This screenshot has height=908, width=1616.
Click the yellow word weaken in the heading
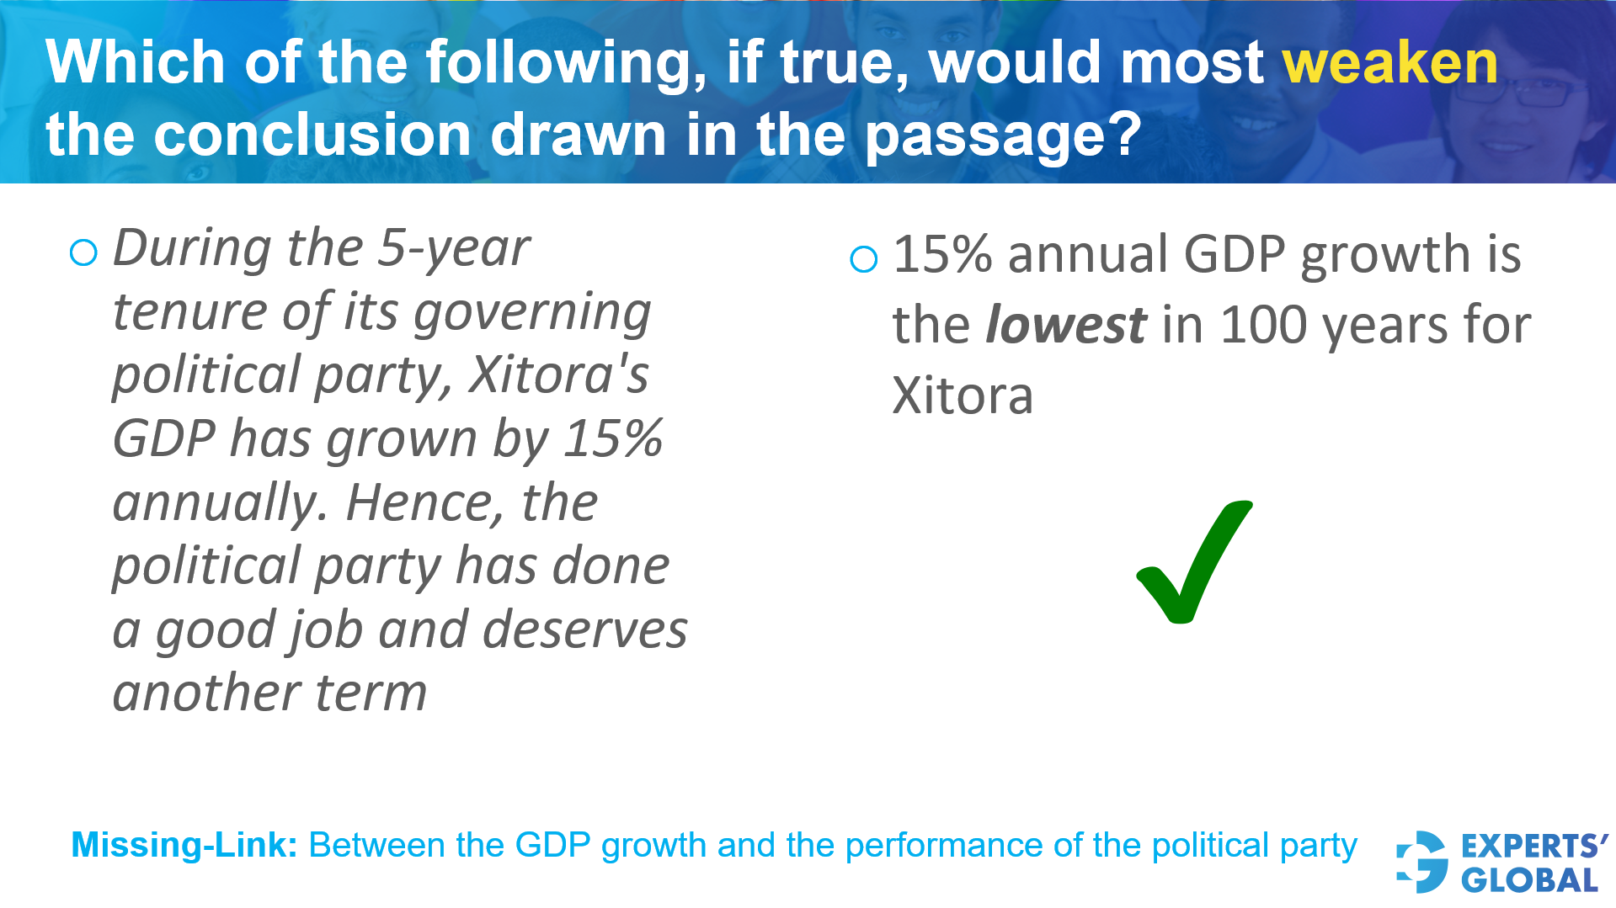tap(1389, 63)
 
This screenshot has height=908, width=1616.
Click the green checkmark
tap(1194, 562)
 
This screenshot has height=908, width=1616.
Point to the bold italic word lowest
tap(1065, 325)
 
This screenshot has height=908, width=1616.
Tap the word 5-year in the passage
tap(454, 249)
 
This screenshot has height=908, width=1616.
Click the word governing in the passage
tap(532, 314)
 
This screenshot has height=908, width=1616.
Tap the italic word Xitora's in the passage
tap(559, 374)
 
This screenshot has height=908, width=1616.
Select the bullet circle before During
tap(83, 252)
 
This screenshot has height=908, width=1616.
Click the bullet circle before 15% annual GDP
tap(864, 259)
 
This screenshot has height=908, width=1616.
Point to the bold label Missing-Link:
tap(184, 845)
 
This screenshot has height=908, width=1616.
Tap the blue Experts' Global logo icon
tap(1421, 862)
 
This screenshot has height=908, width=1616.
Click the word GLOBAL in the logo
tap(1529, 880)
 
